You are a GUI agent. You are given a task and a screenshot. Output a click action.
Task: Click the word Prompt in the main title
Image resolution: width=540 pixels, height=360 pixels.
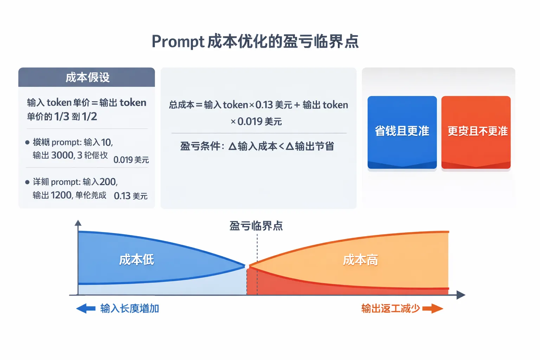coord(178,41)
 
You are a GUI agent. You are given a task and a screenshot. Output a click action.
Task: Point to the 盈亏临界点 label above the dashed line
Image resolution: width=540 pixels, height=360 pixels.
coord(256,226)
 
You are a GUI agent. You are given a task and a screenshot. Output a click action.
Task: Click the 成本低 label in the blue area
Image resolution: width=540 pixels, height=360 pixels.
coord(136,260)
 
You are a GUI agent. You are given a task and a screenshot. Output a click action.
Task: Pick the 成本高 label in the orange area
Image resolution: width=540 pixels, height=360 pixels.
coord(360,260)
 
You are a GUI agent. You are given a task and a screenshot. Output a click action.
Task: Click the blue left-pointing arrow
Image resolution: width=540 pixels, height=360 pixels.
coord(86,309)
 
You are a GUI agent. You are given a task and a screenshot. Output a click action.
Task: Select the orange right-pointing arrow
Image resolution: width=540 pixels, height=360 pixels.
coord(433,309)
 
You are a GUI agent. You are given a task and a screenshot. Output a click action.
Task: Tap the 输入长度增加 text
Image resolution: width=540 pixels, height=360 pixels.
coord(130,309)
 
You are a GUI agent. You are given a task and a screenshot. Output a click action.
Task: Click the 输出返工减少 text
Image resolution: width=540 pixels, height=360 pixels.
coord(391,309)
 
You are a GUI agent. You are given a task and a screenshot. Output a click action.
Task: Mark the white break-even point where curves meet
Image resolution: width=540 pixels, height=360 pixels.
coord(247,266)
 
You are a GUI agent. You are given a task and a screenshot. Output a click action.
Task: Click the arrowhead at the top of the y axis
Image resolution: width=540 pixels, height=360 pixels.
coord(78,223)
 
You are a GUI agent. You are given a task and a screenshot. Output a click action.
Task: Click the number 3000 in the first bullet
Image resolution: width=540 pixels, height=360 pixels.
coord(63,155)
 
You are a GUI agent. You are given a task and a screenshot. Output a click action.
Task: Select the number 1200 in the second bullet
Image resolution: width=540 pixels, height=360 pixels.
coord(62,195)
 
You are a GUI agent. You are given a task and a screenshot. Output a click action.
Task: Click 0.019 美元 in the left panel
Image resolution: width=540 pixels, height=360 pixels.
coord(131,160)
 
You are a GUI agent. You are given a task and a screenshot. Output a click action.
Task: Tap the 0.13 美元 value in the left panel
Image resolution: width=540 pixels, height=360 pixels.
coord(131,196)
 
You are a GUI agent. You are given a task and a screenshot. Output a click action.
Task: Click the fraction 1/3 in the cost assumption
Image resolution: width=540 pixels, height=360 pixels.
coord(62,117)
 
